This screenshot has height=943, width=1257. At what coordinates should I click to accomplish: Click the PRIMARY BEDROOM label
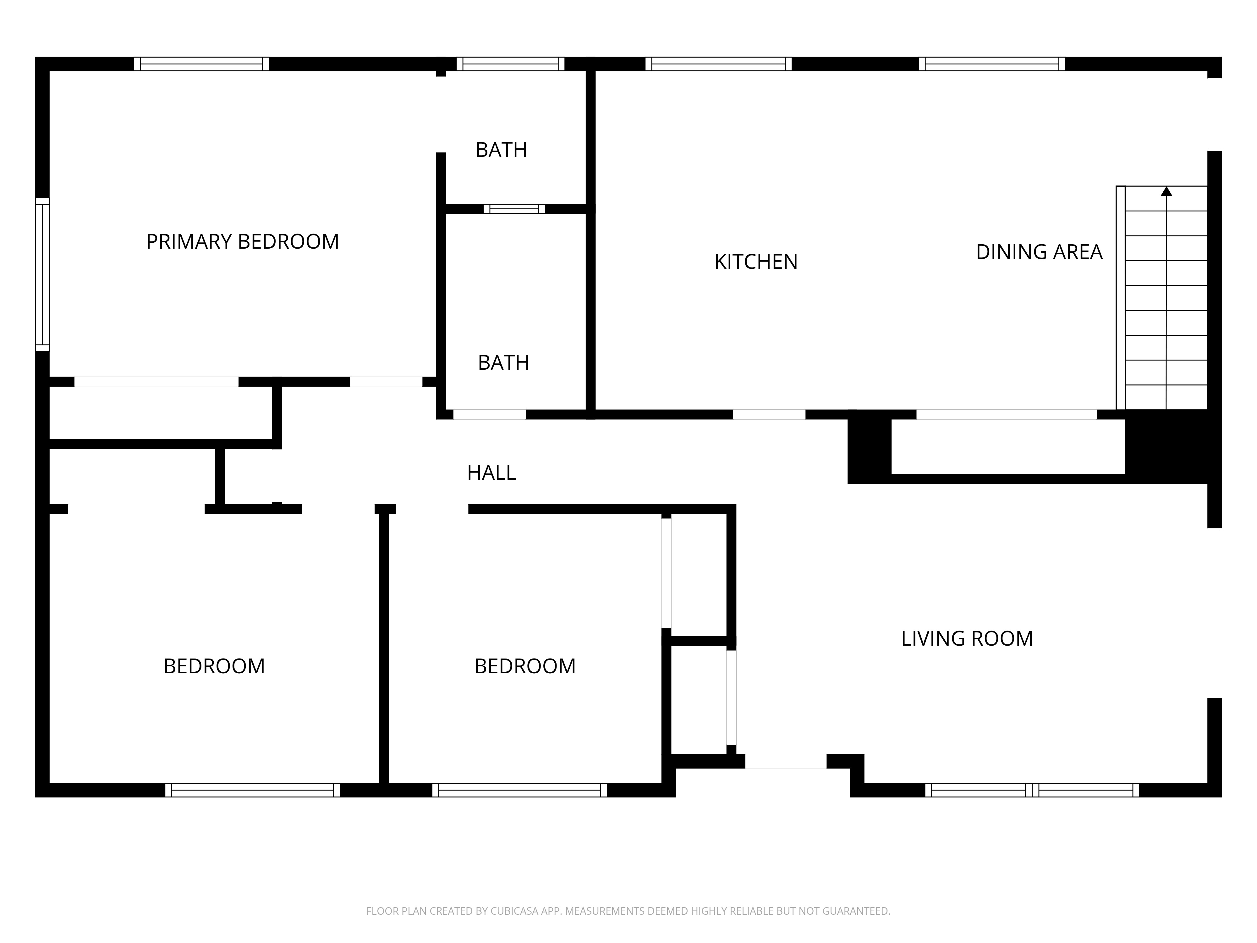243,242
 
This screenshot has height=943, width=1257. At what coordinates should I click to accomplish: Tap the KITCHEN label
756,262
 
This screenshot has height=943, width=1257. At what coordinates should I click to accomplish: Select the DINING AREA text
1039,252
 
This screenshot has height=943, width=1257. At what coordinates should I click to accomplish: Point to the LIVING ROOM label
967,638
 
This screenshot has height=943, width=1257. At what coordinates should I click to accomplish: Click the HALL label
491,472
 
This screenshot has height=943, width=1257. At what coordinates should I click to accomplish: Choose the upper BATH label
501,150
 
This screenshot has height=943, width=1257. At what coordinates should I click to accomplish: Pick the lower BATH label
503,362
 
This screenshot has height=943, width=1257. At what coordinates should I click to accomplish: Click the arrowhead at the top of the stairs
1166,191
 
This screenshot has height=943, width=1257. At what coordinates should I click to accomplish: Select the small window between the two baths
514,209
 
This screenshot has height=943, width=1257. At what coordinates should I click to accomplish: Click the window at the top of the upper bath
510,64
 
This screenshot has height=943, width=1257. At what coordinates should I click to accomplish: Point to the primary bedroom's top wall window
201,64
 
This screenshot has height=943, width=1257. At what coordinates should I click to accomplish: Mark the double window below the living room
1032,790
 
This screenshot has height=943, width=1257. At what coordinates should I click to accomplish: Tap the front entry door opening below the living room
786,761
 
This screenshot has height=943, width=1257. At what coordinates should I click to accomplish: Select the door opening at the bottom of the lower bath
489,414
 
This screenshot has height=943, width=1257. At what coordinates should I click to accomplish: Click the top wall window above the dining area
992,64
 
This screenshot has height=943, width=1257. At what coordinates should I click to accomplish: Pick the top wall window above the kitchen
718,64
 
